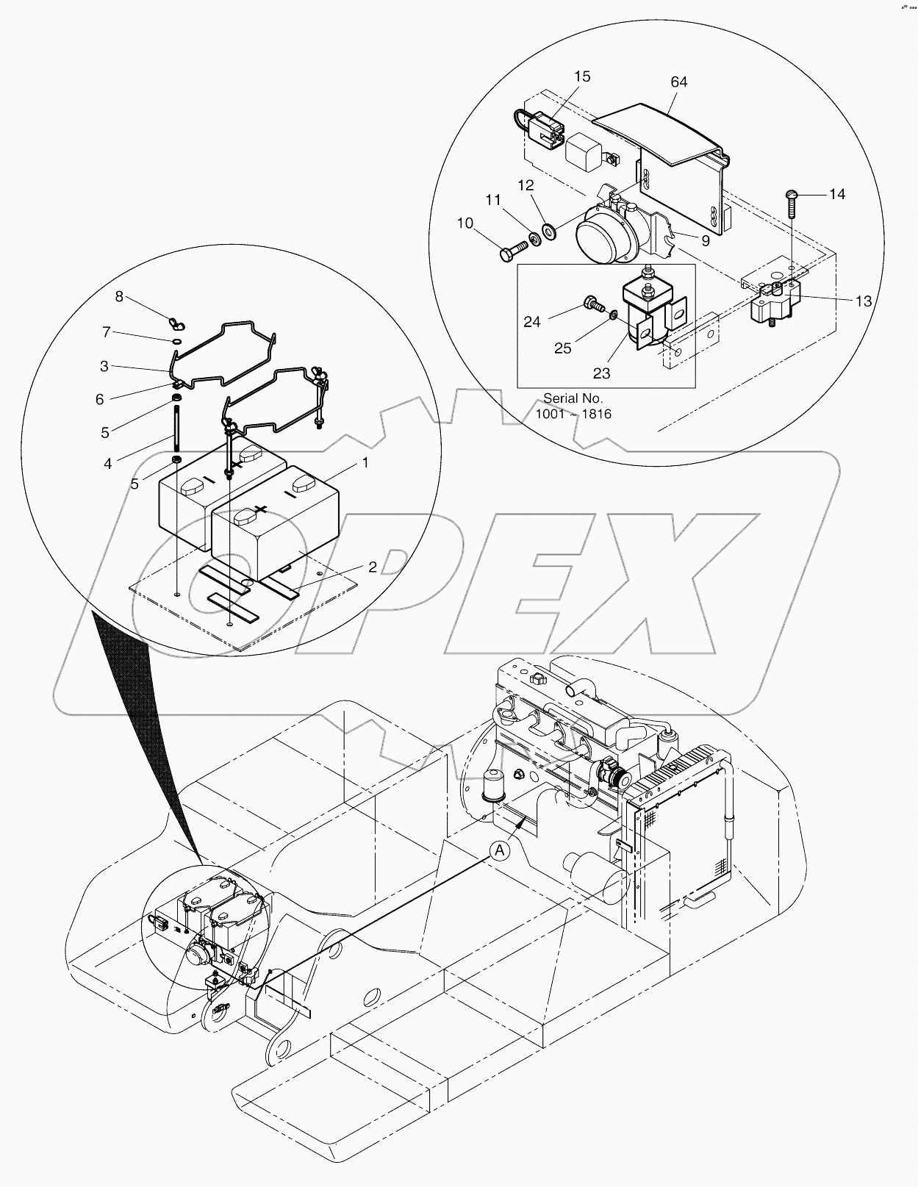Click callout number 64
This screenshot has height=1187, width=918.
tap(678, 82)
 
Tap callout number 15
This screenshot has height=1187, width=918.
tap(582, 76)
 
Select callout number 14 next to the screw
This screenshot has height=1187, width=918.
tap(837, 194)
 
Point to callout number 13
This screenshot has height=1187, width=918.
tap(863, 301)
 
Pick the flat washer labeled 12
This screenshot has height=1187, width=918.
tap(548, 230)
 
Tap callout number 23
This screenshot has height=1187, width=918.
tap(601, 373)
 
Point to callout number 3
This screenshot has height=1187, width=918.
tap(104, 365)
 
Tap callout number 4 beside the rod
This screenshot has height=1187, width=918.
tap(108, 464)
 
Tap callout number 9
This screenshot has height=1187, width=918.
tap(705, 240)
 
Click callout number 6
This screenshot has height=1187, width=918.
tap(100, 399)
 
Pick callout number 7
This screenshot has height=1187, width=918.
tap(107, 332)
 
